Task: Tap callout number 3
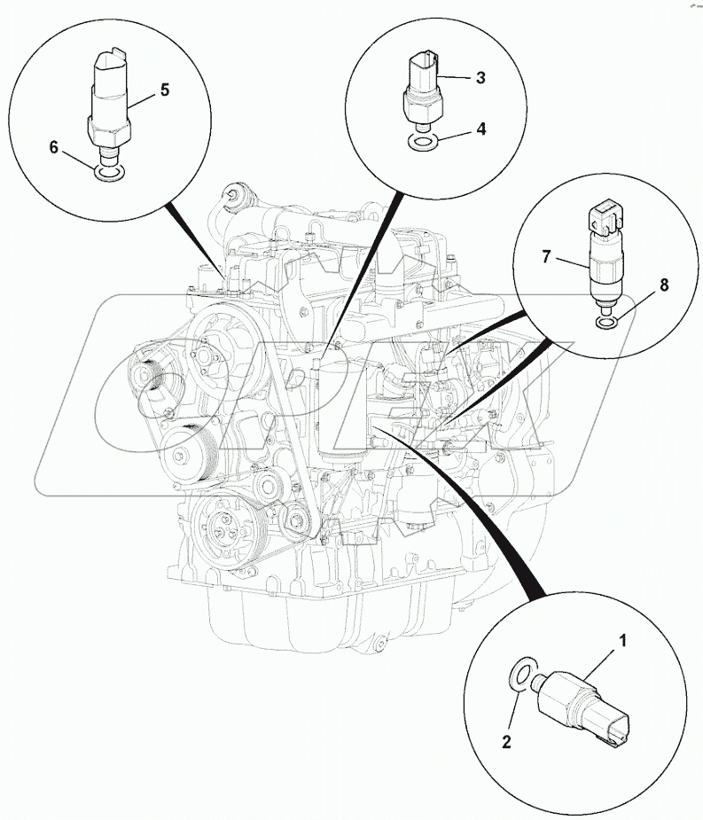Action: click(x=480, y=78)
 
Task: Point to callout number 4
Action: click(x=480, y=129)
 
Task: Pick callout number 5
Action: click(x=164, y=90)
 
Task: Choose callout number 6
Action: click(x=54, y=148)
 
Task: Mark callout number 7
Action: click(x=548, y=257)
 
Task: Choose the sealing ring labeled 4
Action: click(x=424, y=142)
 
